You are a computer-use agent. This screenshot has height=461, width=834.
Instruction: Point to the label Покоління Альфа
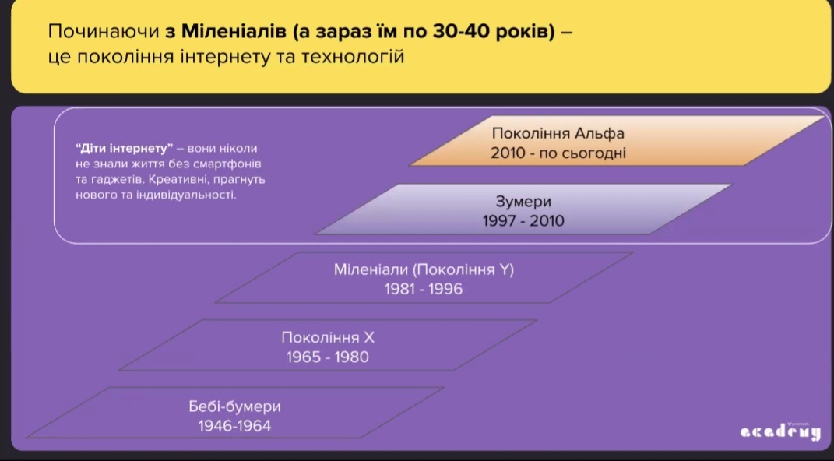[558, 133]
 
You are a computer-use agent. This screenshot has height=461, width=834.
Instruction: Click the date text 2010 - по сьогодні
[558, 153]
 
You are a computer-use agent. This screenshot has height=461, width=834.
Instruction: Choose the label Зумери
[523, 202]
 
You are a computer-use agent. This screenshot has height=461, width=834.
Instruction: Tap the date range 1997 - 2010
[523, 221]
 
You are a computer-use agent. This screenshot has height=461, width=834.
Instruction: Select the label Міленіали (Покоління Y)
[424, 269]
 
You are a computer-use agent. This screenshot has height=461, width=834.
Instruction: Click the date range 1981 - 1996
[424, 289]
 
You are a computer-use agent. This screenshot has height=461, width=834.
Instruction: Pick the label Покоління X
[328, 338]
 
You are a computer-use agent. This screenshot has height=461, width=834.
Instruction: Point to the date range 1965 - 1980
[328, 357]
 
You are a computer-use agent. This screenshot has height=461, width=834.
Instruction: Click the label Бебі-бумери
[234, 406]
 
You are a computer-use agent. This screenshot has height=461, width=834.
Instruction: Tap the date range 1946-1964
[234, 426]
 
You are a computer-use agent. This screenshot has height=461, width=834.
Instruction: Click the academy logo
[779, 431]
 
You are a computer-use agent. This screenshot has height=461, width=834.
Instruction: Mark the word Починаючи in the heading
[104, 32]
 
